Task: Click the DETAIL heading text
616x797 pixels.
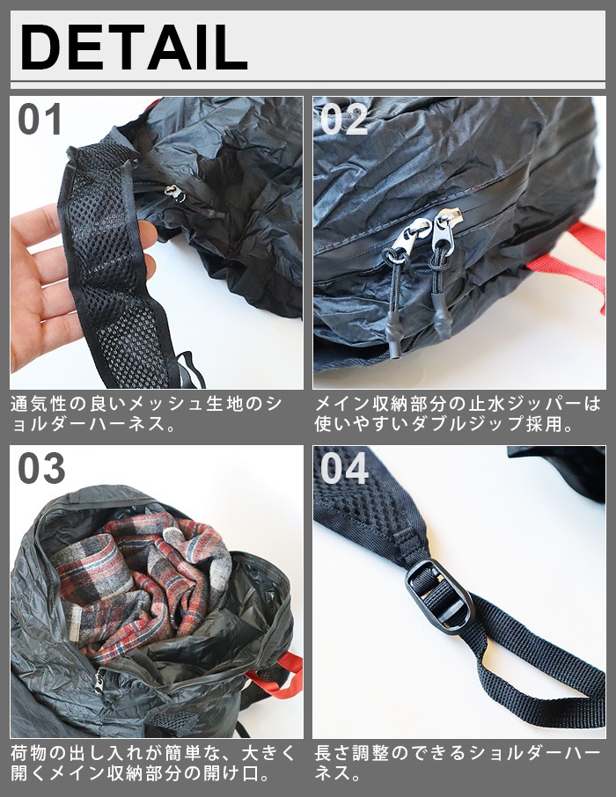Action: (x=134, y=47)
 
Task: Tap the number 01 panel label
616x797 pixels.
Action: (x=40, y=119)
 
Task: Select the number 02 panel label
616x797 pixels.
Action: (x=344, y=119)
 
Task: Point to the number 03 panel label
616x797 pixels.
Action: (x=41, y=468)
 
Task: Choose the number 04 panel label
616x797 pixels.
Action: (x=344, y=468)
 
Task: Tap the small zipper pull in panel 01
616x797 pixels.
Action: (x=174, y=193)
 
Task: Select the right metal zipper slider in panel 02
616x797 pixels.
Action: (x=445, y=230)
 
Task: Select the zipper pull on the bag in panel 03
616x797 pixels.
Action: (x=99, y=680)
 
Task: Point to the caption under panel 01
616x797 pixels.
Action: (x=146, y=413)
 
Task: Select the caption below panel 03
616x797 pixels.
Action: (x=152, y=763)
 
